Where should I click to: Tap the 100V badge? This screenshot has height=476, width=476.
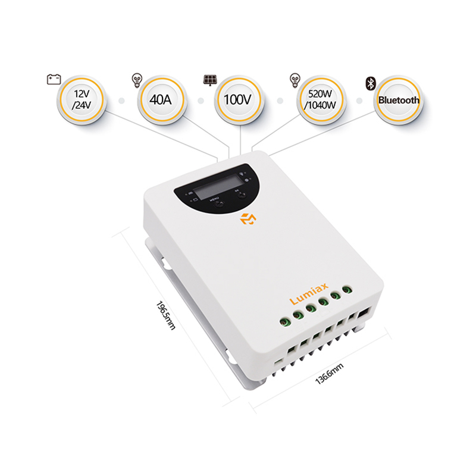click(x=238, y=99)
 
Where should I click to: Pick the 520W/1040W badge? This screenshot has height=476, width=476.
click(x=320, y=99)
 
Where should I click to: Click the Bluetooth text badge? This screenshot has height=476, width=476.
click(x=398, y=100)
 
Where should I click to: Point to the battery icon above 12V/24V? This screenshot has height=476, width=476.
click(x=54, y=78)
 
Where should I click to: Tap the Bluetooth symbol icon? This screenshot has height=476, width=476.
click(x=369, y=83)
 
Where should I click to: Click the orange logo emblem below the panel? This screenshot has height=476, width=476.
click(x=247, y=218)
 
